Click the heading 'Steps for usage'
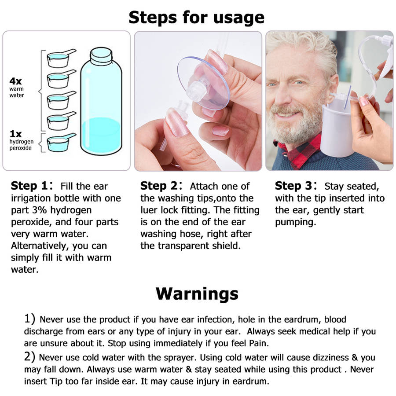pos(197,18)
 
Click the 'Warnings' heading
pos(197,293)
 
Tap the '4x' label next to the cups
pos(16,81)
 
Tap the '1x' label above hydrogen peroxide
pos(16,133)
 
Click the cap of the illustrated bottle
pos(101,56)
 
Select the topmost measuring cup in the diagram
pos(59,59)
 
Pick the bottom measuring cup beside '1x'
pos(59,143)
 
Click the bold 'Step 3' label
pos(294,186)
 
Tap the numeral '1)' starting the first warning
pos(30,319)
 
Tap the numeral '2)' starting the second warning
pos(30,357)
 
